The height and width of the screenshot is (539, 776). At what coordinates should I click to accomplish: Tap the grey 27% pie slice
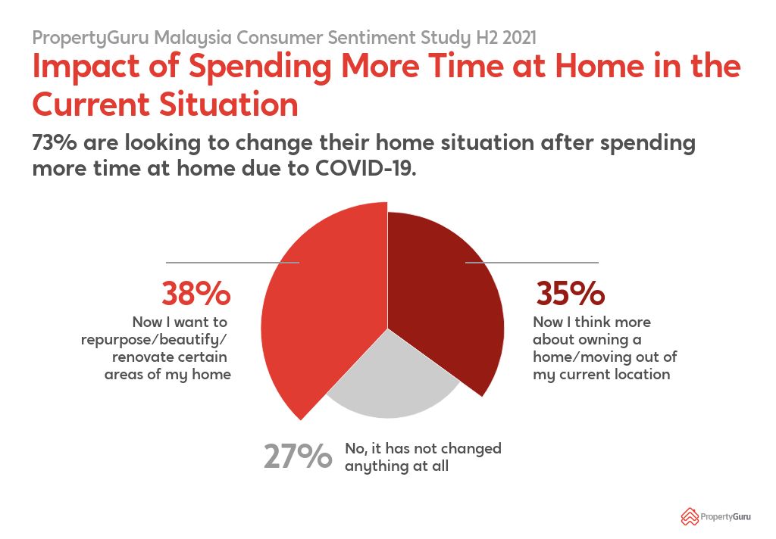pos(391,381)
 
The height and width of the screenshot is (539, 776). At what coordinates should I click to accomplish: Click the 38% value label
pos(196,293)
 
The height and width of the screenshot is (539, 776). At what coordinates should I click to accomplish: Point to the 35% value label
pos(570,293)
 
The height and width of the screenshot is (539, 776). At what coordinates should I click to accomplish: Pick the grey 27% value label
pos(298,456)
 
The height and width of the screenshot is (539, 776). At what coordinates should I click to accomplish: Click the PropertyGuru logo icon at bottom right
pos(689,517)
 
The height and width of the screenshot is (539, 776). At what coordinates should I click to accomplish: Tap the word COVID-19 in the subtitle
pos(366,169)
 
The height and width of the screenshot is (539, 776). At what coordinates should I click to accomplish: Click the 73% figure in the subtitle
pos(55,143)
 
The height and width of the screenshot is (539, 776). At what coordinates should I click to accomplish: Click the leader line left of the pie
pos(233,263)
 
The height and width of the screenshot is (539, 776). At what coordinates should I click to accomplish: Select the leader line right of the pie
pos(532,263)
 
